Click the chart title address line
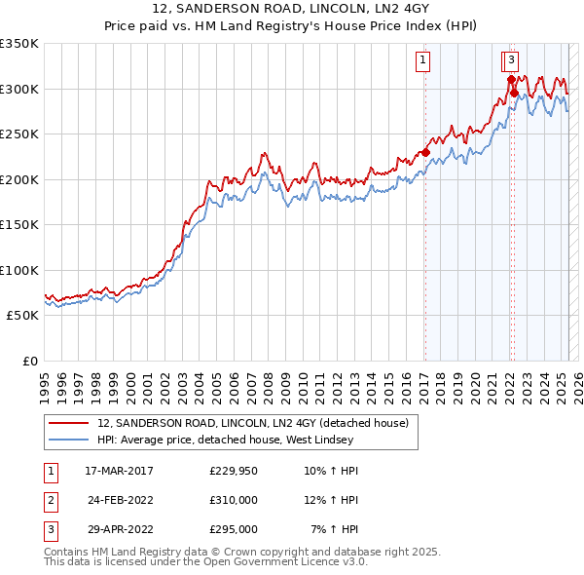click(x=291, y=9)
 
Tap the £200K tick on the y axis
click(x=18, y=179)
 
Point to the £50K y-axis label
click(x=21, y=316)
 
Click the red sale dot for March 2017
click(x=425, y=152)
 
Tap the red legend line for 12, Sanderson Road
click(x=68, y=423)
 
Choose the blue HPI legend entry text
click(x=243, y=440)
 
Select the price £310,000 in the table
click(x=234, y=500)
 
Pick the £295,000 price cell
click(x=234, y=529)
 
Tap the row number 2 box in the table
click(x=49, y=500)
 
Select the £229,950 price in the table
click(x=234, y=471)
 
